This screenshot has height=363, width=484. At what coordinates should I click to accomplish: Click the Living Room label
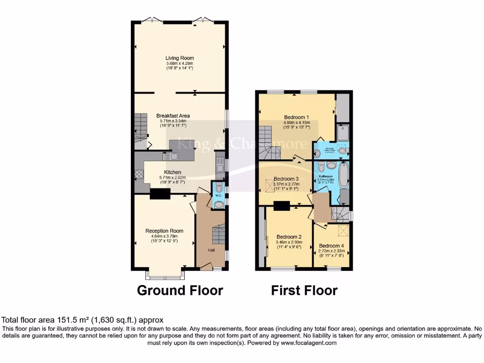(x=180, y=58)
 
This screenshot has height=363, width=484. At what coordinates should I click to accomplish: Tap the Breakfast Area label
(x=173, y=115)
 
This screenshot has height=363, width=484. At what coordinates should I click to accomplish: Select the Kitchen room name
(x=173, y=172)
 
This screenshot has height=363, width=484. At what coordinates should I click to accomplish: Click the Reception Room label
(x=164, y=231)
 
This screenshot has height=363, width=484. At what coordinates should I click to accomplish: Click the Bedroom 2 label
(x=289, y=237)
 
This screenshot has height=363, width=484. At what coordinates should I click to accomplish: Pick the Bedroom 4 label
(x=331, y=246)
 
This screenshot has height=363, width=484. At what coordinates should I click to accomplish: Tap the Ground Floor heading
(x=180, y=290)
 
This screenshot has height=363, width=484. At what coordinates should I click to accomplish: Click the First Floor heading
(x=304, y=290)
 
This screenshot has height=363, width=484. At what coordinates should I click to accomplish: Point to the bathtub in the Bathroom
(x=343, y=175)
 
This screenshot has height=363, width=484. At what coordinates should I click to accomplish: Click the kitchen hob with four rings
(x=139, y=173)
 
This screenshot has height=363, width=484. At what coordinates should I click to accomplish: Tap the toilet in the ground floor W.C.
(x=219, y=204)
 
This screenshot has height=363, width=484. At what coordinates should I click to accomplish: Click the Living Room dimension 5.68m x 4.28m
(x=180, y=63)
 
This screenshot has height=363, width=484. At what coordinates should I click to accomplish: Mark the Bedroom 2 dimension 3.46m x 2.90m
(x=289, y=242)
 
